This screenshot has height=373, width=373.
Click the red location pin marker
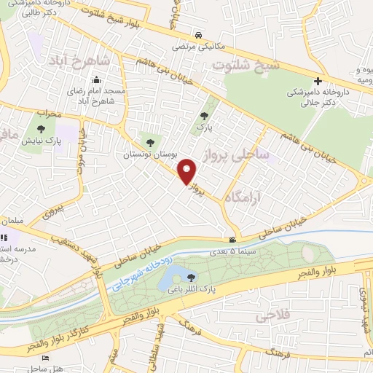pos(188,171)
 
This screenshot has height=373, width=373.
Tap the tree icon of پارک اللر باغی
pos(191,277)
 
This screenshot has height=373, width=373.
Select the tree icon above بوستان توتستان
pos(151,143)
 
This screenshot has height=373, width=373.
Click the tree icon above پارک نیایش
pos(40,129)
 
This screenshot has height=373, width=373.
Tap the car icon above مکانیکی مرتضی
pos(198,34)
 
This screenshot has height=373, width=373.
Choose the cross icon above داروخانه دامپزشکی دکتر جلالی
pos(317,81)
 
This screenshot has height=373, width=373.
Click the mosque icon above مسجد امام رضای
pos(98,80)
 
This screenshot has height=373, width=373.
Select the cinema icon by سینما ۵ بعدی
pos(232,240)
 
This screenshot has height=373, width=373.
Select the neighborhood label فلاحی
pos(270,316)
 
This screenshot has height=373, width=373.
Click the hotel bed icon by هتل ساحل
pos(45,358)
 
